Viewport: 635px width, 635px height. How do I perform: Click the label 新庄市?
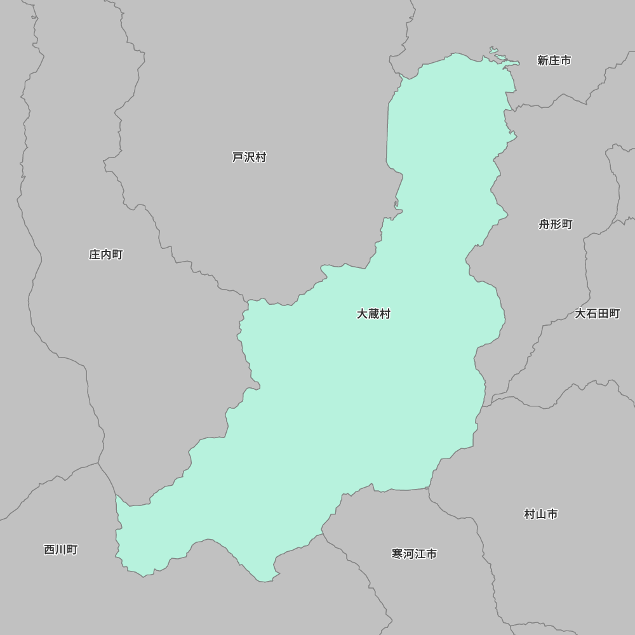[554, 60]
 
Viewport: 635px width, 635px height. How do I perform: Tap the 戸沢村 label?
[249, 157]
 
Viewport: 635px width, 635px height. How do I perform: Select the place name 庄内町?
[105, 255]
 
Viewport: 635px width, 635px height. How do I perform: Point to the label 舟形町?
[556, 224]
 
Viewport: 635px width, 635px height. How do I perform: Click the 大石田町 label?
[597, 314]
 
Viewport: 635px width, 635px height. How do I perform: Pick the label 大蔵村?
[373, 314]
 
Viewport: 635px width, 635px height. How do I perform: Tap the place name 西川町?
[61, 550]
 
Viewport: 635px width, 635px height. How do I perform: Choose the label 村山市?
[541, 514]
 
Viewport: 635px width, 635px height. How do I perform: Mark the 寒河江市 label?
[414, 554]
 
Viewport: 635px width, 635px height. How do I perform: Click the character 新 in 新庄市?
[543, 60]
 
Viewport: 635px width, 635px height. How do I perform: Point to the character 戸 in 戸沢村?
[238, 157]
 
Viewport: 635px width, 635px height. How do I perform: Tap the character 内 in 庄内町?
[105, 255]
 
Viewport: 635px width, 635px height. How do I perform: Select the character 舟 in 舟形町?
[545, 224]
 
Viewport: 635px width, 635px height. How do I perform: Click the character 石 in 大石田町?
[591, 314]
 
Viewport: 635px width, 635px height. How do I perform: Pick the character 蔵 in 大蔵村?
[373, 314]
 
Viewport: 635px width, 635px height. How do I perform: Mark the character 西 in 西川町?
[50, 550]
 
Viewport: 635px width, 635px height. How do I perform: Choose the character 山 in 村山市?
[541, 514]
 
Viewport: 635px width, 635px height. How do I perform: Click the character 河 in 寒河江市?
[408, 554]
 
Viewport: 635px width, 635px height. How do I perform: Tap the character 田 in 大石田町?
[603, 314]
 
